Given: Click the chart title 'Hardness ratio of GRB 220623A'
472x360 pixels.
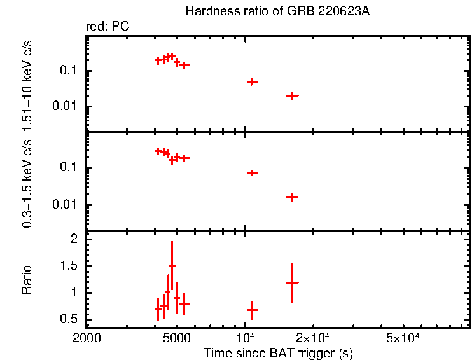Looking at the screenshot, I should pyautogui.click(x=277, y=11).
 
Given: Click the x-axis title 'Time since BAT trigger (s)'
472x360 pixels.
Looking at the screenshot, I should pyautogui.click(x=278, y=352).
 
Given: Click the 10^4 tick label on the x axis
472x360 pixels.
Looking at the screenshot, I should pyautogui.click(x=245, y=336).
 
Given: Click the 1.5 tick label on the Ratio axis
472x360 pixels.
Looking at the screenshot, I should pyautogui.click(x=76, y=266).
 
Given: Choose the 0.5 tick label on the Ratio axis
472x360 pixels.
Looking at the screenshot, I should pyautogui.click(x=76, y=319).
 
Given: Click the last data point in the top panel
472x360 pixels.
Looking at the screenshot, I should pyautogui.click(x=292, y=96).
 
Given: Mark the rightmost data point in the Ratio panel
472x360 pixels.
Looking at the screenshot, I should pyautogui.click(x=292, y=282).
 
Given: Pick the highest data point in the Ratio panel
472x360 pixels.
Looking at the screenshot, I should pyautogui.click(x=172, y=265).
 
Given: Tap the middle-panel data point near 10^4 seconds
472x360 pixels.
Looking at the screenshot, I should pyautogui.click(x=252, y=173).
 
